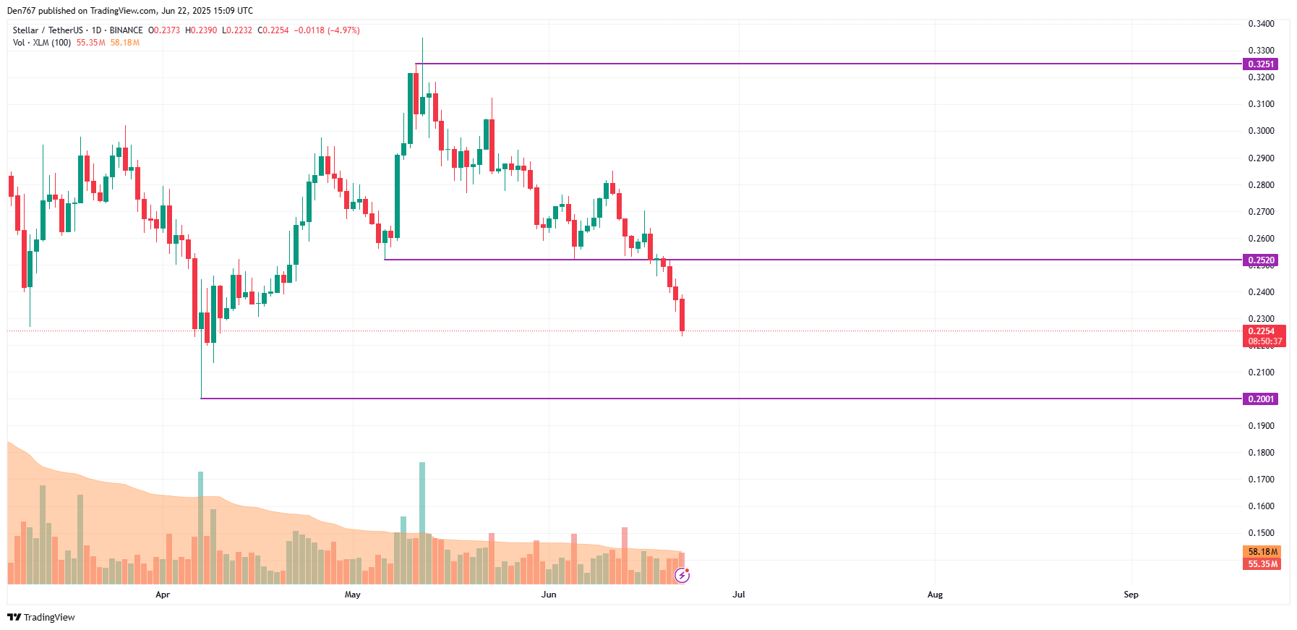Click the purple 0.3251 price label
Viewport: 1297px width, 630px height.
(x=1260, y=64)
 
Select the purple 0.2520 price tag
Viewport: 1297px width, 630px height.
(x=1260, y=260)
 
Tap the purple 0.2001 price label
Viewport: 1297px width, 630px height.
(x=1260, y=399)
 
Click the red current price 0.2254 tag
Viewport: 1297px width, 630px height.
(x=1263, y=331)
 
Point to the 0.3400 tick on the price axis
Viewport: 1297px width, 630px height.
(x=1261, y=24)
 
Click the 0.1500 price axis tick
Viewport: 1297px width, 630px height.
(x=1261, y=533)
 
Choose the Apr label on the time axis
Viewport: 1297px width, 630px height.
(x=163, y=595)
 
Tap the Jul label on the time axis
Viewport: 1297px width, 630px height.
(x=738, y=595)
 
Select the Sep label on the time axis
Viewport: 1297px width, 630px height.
(x=1131, y=595)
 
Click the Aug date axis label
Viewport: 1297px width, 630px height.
(x=935, y=595)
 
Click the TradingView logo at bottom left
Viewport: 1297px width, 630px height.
(x=41, y=617)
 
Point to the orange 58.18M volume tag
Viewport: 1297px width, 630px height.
(x=1262, y=552)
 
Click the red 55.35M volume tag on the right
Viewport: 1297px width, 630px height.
(x=1262, y=564)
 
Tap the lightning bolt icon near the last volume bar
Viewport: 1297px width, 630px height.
(x=682, y=575)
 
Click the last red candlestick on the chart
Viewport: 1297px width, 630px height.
(x=682, y=315)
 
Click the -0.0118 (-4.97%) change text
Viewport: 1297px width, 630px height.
(x=327, y=30)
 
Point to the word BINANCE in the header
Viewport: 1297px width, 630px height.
(x=126, y=30)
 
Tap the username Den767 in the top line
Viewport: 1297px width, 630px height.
(x=20, y=11)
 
